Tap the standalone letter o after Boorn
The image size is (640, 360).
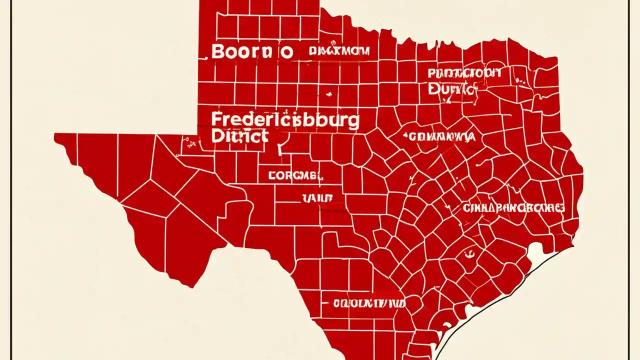click(285, 52)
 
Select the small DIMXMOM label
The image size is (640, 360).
click(339, 51)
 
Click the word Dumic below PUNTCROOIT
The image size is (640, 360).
click(452, 89)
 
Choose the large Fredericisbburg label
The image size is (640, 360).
click(285, 120)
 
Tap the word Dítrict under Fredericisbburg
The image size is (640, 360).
click(239, 136)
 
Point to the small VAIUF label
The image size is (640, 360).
click(317, 198)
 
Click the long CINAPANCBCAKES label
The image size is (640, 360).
click(513, 208)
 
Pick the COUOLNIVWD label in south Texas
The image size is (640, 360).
click(369, 303)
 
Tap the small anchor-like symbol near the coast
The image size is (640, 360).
click(468, 255)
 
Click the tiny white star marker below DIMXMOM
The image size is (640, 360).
click(328, 93)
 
